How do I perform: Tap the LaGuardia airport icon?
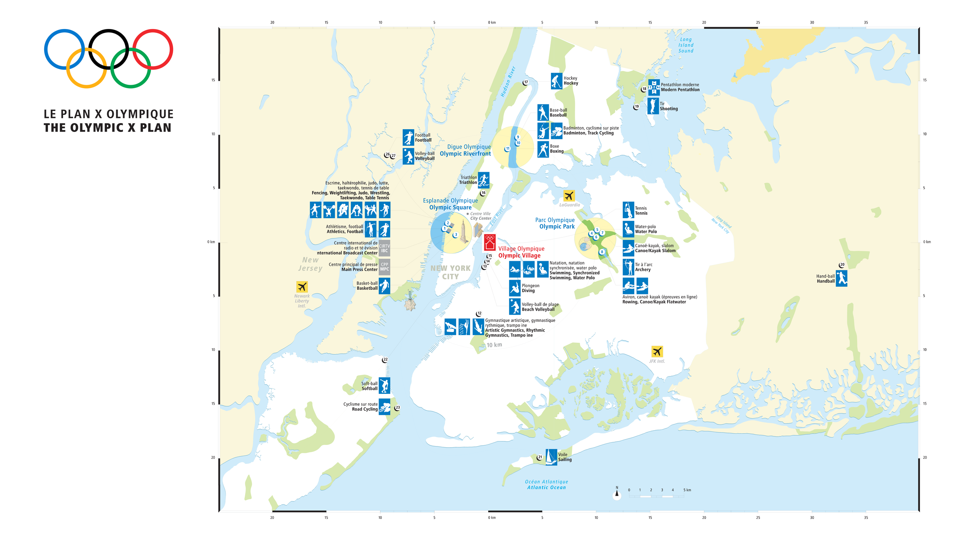click(569, 196)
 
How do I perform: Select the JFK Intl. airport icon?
click(657, 351)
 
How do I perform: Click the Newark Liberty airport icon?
click(302, 287)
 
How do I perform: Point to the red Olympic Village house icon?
click(490, 243)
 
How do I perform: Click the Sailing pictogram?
click(551, 457)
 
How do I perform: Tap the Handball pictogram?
click(841, 279)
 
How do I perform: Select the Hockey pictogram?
click(556, 81)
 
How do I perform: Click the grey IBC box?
click(384, 248)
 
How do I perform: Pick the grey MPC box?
click(384, 267)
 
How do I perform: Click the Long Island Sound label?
click(686, 45)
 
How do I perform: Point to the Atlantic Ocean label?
click(546, 485)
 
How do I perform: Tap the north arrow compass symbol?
click(617, 494)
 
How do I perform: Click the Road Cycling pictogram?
click(384, 407)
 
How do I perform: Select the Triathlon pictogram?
click(483, 180)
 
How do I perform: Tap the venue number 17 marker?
click(525, 82)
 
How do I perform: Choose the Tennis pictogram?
click(628, 210)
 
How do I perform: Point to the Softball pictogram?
click(384, 386)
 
